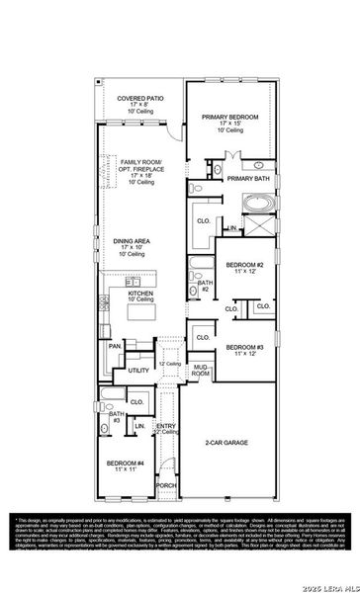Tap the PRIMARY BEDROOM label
[x=230, y=117]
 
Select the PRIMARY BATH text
[x=248, y=179]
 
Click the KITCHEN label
[x=140, y=294]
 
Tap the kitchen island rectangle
[x=138, y=315]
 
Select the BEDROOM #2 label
[x=244, y=266]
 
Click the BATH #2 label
[x=205, y=286]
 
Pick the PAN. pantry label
[x=116, y=346]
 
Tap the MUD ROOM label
[x=201, y=371]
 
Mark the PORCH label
[x=166, y=486]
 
